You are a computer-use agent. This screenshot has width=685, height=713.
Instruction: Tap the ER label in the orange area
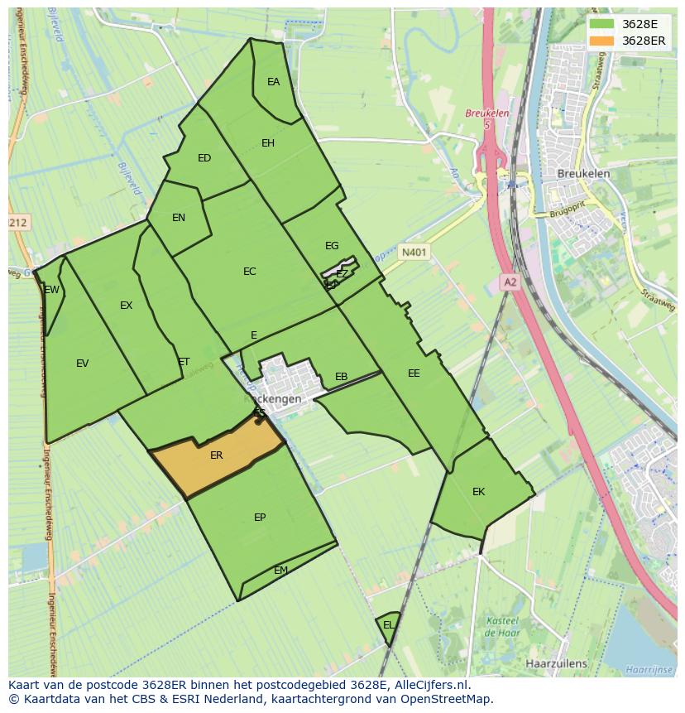[217, 455]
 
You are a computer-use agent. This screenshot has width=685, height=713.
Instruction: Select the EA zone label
[274, 82]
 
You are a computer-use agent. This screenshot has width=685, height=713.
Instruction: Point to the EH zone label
[268, 143]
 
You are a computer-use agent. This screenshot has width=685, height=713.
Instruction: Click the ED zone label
[204, 158]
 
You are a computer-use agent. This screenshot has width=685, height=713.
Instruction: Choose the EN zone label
[179, 218]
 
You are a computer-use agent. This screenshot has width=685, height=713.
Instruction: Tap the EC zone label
[250, 272]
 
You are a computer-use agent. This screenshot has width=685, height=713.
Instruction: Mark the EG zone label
[332, 246]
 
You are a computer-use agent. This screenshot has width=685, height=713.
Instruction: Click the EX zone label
[127, 306]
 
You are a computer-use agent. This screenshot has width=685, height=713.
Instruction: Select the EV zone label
[83, 364]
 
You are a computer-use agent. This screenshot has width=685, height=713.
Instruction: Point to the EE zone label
[414, 373]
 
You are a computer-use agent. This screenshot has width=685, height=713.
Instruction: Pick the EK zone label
[478, 492]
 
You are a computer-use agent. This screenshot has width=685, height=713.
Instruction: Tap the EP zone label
[260, 518]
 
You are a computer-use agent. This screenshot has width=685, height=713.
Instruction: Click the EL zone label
[388, 625]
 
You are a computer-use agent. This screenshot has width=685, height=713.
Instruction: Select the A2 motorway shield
[510, 282]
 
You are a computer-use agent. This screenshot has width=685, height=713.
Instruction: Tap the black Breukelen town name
[583, 174]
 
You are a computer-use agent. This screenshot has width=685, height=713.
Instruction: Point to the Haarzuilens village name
[556, 663]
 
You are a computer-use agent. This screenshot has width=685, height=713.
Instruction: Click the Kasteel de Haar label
[501, 626]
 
